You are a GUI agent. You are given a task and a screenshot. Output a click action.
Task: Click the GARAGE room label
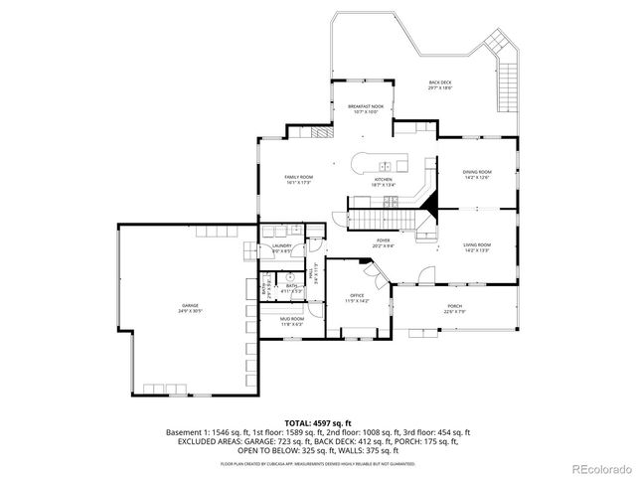point(190,308)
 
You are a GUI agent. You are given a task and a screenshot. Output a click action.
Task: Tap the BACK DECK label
point(440,84)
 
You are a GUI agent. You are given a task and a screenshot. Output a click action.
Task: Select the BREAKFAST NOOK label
point(366,106)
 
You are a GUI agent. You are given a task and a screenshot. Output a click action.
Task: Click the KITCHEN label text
point(384,181)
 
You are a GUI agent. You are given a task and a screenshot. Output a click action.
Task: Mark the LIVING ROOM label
point(477,247)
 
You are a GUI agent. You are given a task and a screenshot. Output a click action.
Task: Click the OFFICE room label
point(357,297)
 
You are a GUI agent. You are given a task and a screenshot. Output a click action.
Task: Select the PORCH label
point(454,308)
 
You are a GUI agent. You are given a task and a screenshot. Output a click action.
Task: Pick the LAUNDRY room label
point(281,248)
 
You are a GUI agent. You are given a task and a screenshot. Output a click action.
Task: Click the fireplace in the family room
point(321,131)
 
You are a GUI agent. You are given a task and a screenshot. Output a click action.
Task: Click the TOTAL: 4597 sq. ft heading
point(317,423)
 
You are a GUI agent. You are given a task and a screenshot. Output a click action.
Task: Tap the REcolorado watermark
point(599,468)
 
